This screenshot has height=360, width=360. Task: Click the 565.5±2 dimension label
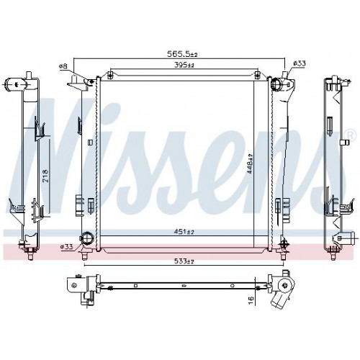tap(182, 54)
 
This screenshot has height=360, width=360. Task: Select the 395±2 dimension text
tap(184, 65)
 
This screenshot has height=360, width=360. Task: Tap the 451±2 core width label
tap(184, 232)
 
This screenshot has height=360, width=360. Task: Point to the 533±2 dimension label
tap(184, 261)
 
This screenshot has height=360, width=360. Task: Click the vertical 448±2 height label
tap(250, 163)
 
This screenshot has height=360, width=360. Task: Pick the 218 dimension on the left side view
tap(45, 176)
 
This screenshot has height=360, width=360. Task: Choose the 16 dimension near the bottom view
tap(251, 300)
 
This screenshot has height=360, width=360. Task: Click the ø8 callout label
tap(63, 66)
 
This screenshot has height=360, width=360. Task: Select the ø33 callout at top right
tap(300, 63)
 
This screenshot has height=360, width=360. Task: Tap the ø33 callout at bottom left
tap(66, 246)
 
